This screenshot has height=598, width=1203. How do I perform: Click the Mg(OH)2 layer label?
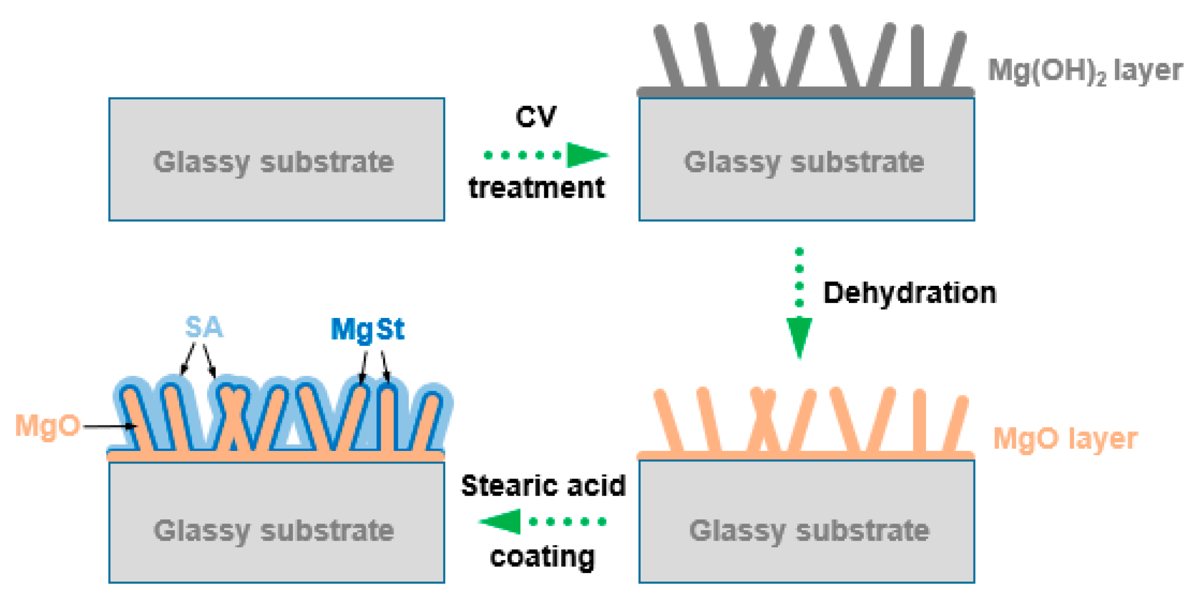click(x=1084, y=71)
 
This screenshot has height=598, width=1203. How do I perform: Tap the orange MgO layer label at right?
click(x=1065, y=439)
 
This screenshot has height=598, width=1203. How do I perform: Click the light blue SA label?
click(x=204, y=327)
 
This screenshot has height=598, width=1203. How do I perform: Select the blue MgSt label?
click(x=367, y=330)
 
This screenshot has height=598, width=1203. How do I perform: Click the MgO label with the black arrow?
click(x=47, y=426)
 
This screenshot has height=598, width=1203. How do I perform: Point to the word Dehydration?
click(x=909, y=293)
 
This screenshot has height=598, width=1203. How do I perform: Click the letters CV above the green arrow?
click(x=535, y=116)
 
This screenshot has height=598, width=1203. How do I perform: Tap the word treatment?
click(x=537, y=187)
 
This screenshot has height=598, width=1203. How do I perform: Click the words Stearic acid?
click(x=543, y=486)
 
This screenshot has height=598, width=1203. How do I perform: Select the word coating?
click(x=542, y=557)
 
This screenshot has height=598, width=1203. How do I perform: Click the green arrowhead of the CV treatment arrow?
click(x=585, y=155)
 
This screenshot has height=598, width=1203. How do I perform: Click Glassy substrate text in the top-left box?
click(x=273, y=162)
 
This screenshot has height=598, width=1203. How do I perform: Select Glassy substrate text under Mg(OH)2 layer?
click(x=804, y=162)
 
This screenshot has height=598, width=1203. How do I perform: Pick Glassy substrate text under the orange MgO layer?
click(x=809, y=531)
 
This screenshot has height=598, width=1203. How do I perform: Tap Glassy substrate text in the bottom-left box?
click(x=273, y=531)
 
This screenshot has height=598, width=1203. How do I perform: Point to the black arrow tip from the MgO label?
click(x=134, y=427)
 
